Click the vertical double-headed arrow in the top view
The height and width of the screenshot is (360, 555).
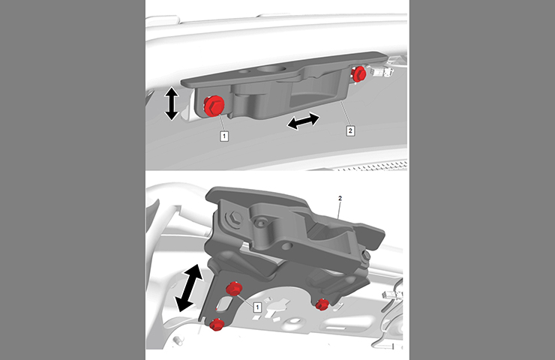coord(172,103)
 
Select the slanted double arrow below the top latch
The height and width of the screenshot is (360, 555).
coord(303,121)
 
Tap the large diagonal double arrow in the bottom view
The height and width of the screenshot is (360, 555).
coord(189,288)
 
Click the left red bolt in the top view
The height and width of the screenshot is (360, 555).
coord(214,106)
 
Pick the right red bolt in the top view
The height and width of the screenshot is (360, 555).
coord(358,73)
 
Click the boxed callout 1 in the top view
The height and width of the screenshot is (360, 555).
coord(224,136)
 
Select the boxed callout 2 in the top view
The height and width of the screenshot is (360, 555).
coord(350,130)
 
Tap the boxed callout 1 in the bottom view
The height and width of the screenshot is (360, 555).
coord(257,307)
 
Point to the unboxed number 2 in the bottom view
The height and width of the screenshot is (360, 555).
coord(340,198)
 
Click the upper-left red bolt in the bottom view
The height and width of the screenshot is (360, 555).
coord(234,289)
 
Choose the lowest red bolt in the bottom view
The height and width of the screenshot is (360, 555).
coord(216,324)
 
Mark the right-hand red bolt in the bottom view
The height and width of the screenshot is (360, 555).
coord(322,304)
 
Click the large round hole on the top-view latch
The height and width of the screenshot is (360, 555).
coord(271,69)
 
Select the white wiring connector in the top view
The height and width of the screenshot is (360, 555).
coord(379,72)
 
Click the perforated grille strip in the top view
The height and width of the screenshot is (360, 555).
coord(372,166)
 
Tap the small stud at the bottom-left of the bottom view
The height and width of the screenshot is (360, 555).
coord(178,340)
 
